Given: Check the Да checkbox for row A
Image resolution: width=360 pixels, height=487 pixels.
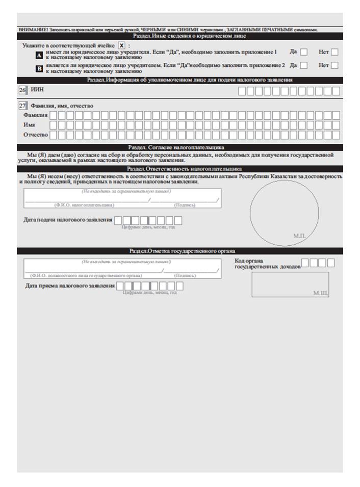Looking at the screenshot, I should [304, 52].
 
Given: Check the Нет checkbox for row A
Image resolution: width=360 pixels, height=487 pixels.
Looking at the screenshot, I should [335, 52].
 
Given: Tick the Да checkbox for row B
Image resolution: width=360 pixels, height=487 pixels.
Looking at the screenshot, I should [304, 65].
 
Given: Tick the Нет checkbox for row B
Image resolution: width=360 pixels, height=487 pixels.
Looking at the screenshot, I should [335, 65].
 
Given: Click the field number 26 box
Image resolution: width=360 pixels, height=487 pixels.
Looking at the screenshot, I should [22, 90].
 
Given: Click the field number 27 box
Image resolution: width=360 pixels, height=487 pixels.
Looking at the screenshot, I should [22, 106].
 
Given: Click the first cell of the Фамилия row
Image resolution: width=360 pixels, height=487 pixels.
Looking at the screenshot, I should [54, 115].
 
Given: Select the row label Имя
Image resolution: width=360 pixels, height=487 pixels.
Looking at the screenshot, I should [30, 125].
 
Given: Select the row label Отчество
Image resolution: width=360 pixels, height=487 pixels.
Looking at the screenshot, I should [35, 135].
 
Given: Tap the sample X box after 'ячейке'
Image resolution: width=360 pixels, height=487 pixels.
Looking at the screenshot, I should [121, 45].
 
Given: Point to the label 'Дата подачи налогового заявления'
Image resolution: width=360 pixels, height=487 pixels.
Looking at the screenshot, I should [68, 220].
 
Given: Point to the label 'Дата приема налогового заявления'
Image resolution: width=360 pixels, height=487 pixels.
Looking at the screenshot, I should [69, 286].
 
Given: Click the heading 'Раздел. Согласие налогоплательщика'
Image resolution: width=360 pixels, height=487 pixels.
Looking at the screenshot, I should [180, 147].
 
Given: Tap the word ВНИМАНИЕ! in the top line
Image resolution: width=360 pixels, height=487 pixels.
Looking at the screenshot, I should [31, 30].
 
